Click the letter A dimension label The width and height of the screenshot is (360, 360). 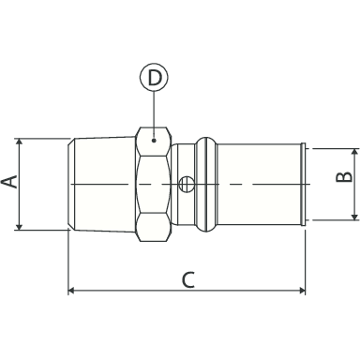(9, 182)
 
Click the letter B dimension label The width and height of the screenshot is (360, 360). (344, 177)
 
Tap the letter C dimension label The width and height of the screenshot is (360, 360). (188, 279)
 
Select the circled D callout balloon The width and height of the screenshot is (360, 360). (154, 77)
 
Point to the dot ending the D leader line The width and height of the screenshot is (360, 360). (154, 141)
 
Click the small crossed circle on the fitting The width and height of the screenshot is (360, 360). (186, 184)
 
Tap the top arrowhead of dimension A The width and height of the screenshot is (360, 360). (20, 142)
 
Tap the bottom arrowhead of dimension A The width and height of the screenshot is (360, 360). (20, 226)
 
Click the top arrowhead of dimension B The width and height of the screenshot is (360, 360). (354, 152)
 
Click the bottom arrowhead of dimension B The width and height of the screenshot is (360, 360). (354, 217)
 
